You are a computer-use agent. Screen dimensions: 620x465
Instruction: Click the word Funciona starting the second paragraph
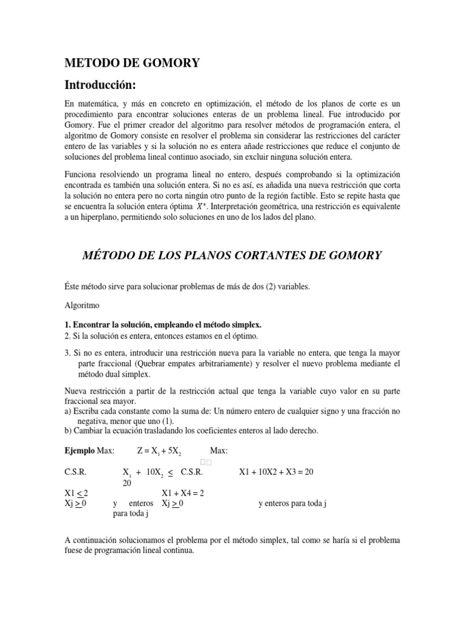coord(81,174)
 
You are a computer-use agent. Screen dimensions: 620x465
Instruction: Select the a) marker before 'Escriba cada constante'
coord(68,412)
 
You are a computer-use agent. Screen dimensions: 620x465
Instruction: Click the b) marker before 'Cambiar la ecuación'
coord(68,431)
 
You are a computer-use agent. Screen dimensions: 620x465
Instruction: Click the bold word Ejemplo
coord(79,450)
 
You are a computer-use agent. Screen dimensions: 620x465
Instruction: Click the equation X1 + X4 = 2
coord(182,493)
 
